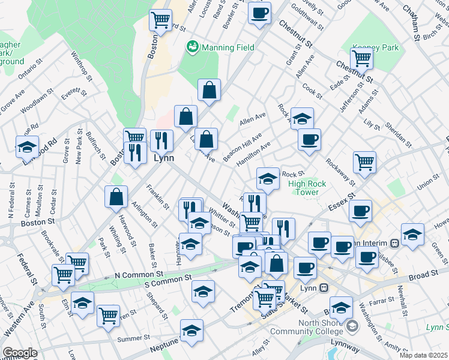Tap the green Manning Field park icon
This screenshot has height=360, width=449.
193,46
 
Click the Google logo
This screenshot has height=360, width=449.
20,353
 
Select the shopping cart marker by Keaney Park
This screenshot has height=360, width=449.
362,58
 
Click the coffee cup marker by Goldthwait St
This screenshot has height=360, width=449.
259,12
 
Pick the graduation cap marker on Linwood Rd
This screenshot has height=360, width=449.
27,146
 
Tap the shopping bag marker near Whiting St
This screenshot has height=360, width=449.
116,196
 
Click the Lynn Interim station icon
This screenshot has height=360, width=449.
394,243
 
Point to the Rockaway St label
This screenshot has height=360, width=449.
340,170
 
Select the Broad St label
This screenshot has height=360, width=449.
424,275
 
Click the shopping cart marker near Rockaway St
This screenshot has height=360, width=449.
364,161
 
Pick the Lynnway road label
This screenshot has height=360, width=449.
345,349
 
